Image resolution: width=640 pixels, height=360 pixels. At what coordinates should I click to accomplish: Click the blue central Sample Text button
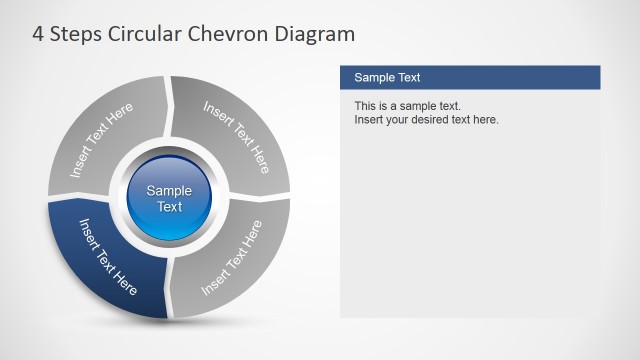170,198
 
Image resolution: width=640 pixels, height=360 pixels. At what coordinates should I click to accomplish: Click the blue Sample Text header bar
470,78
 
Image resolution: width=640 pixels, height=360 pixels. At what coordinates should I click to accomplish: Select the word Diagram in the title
319,35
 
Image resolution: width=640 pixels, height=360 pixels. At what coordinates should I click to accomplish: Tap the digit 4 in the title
39,35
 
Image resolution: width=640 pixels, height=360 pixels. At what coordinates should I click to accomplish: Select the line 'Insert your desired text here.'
426,120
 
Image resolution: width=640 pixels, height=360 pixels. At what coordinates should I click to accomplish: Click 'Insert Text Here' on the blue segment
108,256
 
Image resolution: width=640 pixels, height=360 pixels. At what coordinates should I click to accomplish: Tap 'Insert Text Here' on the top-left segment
101,142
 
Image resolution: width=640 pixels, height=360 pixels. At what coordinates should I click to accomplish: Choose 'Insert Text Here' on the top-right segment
237,136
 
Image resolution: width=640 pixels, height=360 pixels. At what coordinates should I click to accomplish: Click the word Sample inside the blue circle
170,191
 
